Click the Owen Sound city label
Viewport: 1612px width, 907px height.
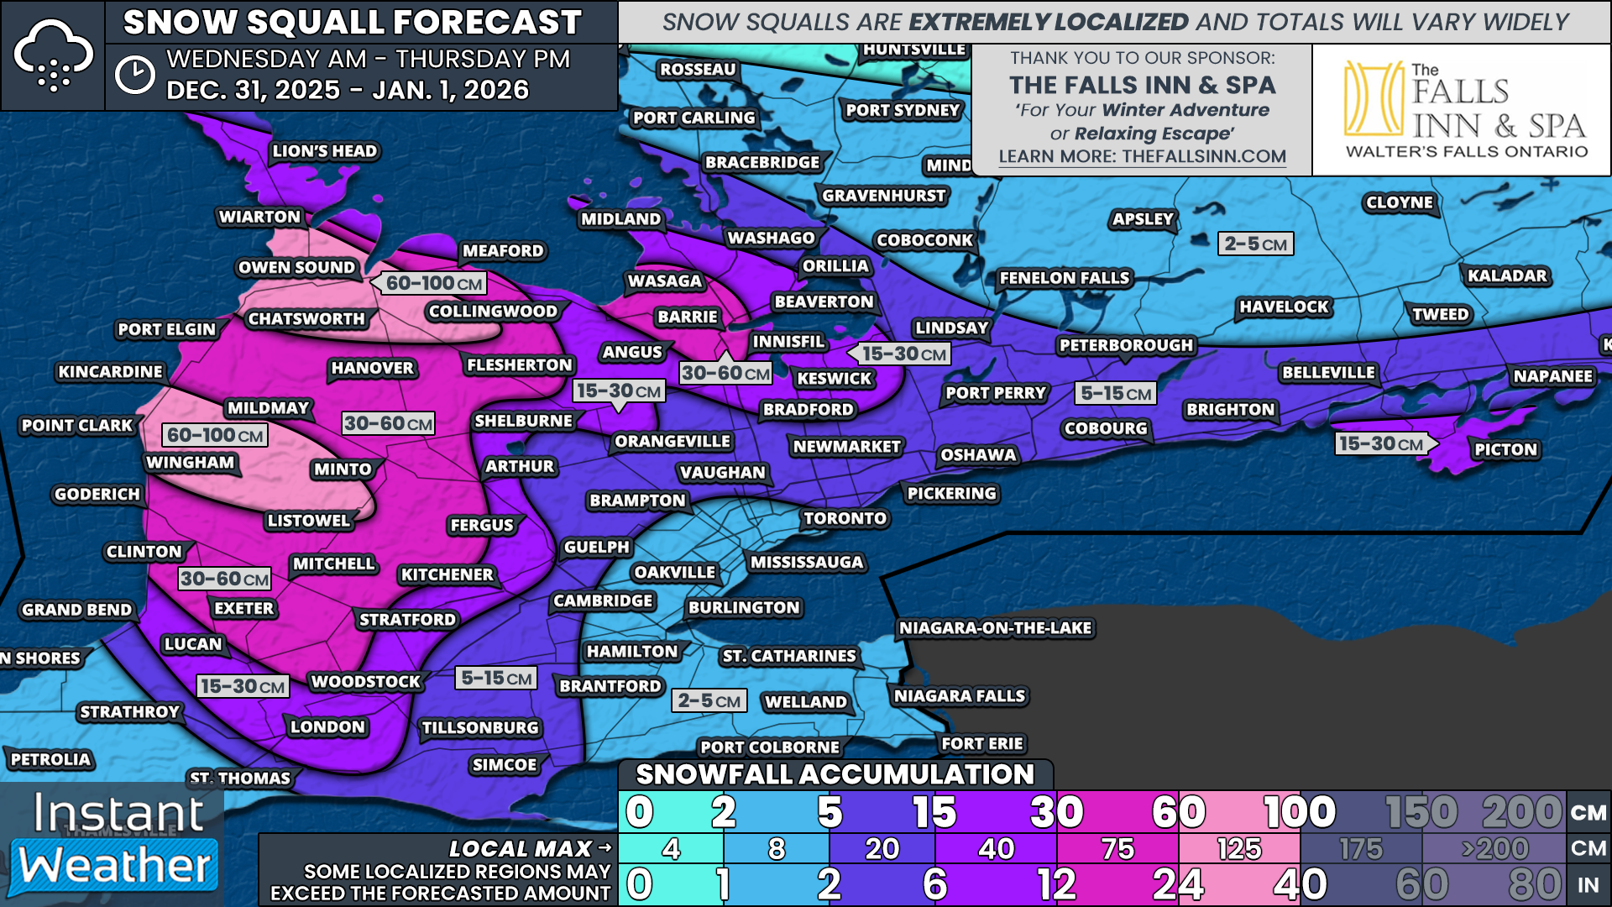pyautogui.click(x=296, y=268)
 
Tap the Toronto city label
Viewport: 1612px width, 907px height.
pyautogui.click(x=845, y=518)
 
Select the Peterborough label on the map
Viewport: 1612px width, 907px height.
pyautogui.click(x=1125, y=345)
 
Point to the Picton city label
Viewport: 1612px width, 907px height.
pyautogui.click(x=1505, y=449)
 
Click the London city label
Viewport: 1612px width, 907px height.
pyautogui.click(x=327, y=727)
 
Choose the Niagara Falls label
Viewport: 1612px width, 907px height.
pyautogui.click(x=959, y=696)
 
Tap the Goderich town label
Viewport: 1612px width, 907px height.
pyautogui.click(x=97, y=494)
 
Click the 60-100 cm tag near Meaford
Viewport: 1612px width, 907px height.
pyautogui.click(x=433, y=284)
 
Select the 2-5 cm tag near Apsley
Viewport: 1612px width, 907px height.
pyautogui.click(x=1255, y=244)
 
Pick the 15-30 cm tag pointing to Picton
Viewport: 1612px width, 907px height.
pyautogui.click(x=1381, y=443)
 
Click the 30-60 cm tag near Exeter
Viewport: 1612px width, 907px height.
pyautogui.click(x=224, y=579)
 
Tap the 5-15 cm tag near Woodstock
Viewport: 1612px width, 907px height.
pyautogui.click(x=496, y=678)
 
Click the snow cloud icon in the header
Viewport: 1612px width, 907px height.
pyautogui.click(x=54, y=55)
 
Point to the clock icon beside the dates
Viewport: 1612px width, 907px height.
pyautogui.click(x=134, y=76)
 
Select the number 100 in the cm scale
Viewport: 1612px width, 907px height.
pyautogui.click(x=1299, y=812)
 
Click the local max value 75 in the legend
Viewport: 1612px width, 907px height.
pyautogui.click(x=1117, y=849)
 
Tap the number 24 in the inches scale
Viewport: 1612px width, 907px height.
pyautogui.click(x=1178, y=884)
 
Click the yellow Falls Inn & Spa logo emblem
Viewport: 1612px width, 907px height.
pyautogui.click(x=1373, y=98)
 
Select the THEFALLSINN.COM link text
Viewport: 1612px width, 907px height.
pyautogui.click(x=1203, y=156)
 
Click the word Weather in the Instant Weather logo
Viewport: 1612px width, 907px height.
pyautogui.click(x=115, y=865)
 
